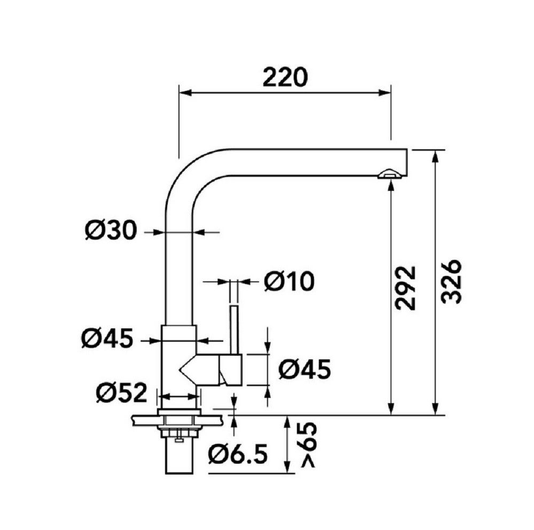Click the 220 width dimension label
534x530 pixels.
pyautogui.click(x=285, y=78)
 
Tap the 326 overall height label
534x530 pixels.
pyautogui.click(x=451, y=282)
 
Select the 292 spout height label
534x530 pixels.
pyautogui.click(x=406, y=288)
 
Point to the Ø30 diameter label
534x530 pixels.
pyautogui.click(x=111, y=231)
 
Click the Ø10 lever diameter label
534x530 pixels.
pyautogui.click(x=289, y=282)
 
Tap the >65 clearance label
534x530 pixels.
pyautogui.click(x=309, y=445)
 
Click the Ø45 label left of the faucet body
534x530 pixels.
pyautogui.click(x=107, y=339)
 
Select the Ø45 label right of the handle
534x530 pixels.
pyautogui.click(x=304, y=370)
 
